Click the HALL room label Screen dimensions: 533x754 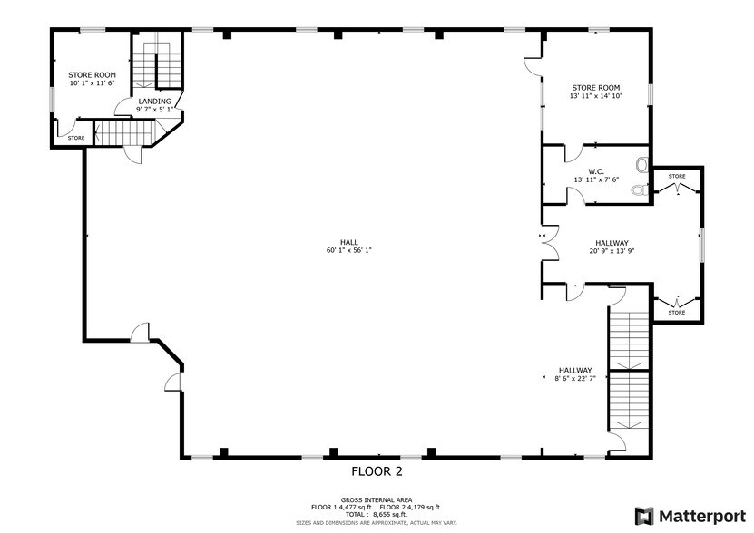tap(348, 242)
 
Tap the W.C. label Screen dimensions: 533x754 tap(595, 170)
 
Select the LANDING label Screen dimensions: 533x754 tap(154, 101)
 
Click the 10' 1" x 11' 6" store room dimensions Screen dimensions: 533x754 tap(92, 82)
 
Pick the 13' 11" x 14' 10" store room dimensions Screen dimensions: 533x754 tap(595, 96)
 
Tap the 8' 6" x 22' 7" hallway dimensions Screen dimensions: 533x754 tap(575, 379)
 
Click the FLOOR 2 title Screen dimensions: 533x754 tap(377, 472)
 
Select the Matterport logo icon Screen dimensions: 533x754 tap(644, 516)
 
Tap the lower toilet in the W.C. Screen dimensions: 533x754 tap(640, 189)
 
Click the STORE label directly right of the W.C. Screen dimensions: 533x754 tap(677, 176)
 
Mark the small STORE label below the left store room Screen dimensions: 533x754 tap(76, 139)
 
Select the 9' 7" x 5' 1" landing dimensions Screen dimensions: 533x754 tap(154, 109)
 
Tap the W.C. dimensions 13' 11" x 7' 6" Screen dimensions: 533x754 tap(595, 179)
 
